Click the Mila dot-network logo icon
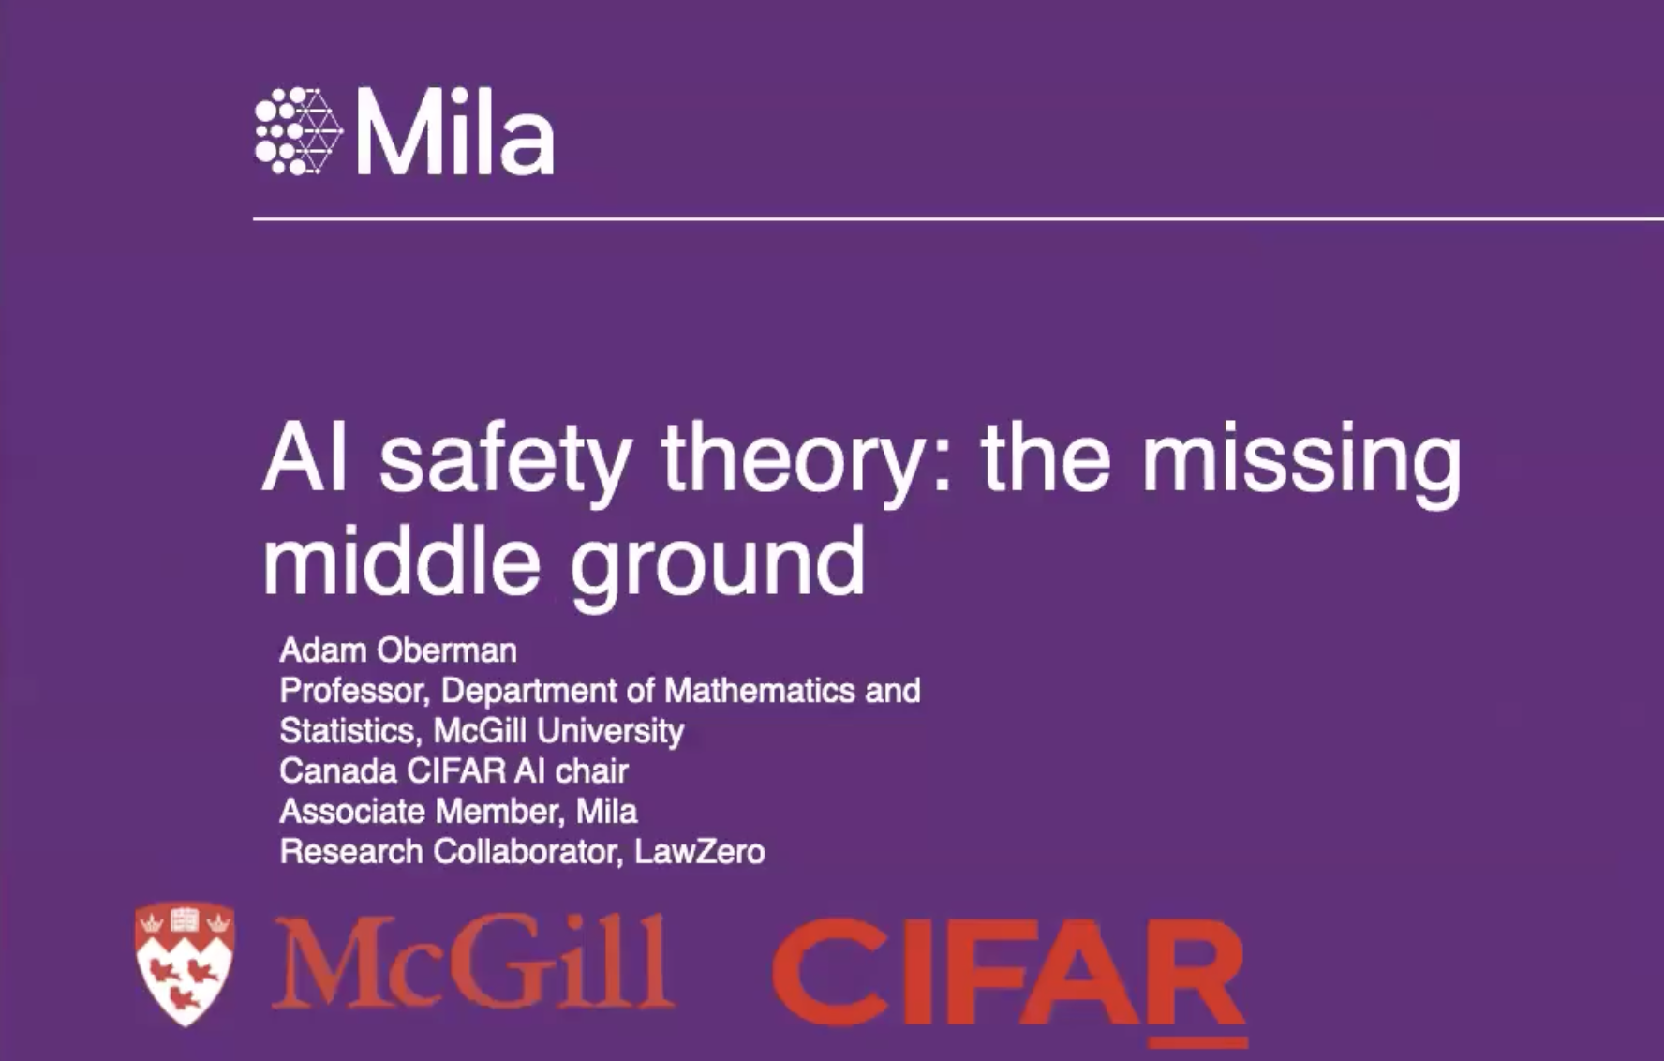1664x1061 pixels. click(299, 131)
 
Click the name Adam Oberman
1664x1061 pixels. click(398, 650)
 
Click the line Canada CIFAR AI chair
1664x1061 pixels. click(453, 770)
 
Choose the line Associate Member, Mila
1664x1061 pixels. click(458, 811)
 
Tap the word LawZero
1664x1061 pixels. click(700, 851)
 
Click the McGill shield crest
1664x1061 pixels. click(186, 963)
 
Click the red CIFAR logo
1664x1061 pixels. click(1010, 980)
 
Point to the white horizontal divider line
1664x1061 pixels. click(958, 218)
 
